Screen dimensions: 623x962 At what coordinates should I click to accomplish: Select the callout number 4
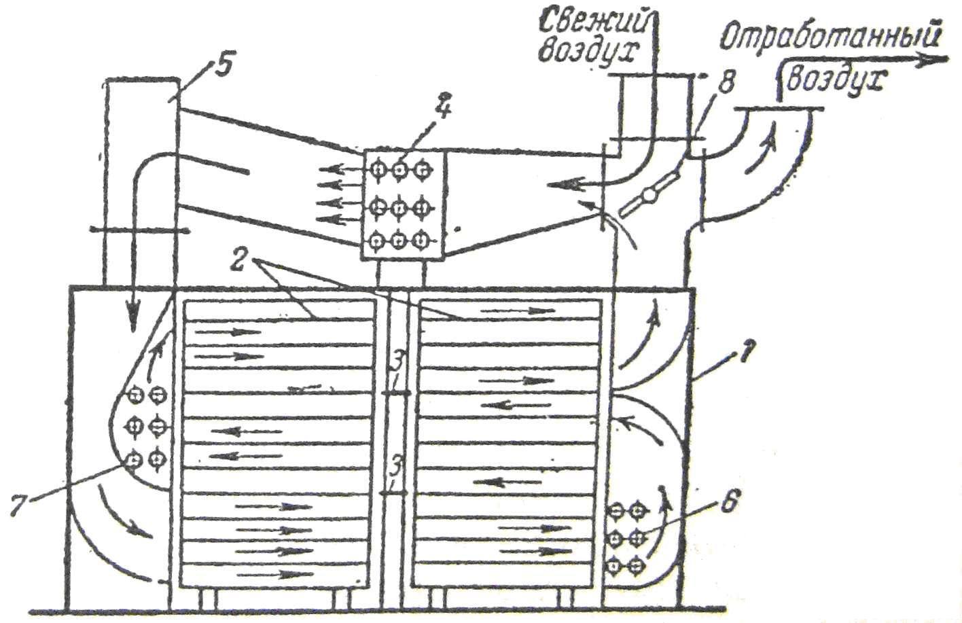pos(444,109)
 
